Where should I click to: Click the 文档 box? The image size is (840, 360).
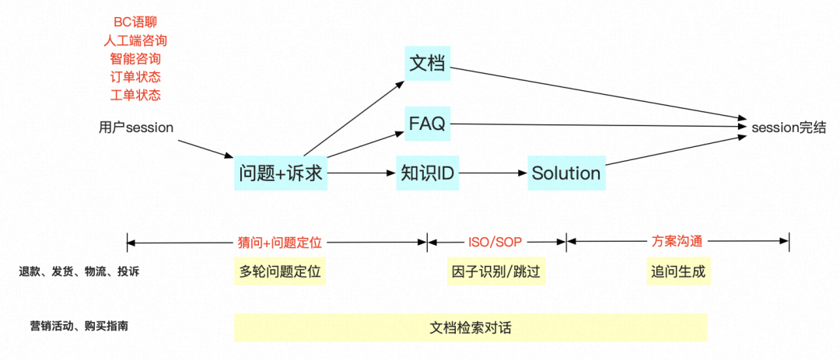(x=427, y=63)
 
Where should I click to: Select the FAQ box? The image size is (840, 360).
(x=427, y=124)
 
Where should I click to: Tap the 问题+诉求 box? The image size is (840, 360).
(x=281, y=173)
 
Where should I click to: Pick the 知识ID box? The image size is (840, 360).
(x=427, y=173)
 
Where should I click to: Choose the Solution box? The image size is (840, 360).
(x=566, y=173)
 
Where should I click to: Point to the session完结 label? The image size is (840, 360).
(x=788, y=128)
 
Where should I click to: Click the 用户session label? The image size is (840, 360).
(x=136, y=128)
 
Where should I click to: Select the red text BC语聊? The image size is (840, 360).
(x=135, y=22)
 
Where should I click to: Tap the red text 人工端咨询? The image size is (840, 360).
(x=135, y=40)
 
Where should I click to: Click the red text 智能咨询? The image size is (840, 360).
(x=135, y=58)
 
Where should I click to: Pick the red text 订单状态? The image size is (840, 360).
(x=135, y=77)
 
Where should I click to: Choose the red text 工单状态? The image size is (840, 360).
(x=135, y=95)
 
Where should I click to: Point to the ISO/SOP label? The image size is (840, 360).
(x=495, y=242)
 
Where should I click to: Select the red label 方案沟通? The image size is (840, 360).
(x=677, y=242)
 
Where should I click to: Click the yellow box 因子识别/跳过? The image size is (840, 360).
(x=495, y=272)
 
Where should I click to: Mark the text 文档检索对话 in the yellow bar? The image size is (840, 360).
(x=471, y=328)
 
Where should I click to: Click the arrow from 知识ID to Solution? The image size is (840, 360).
(x=492, y=173)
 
